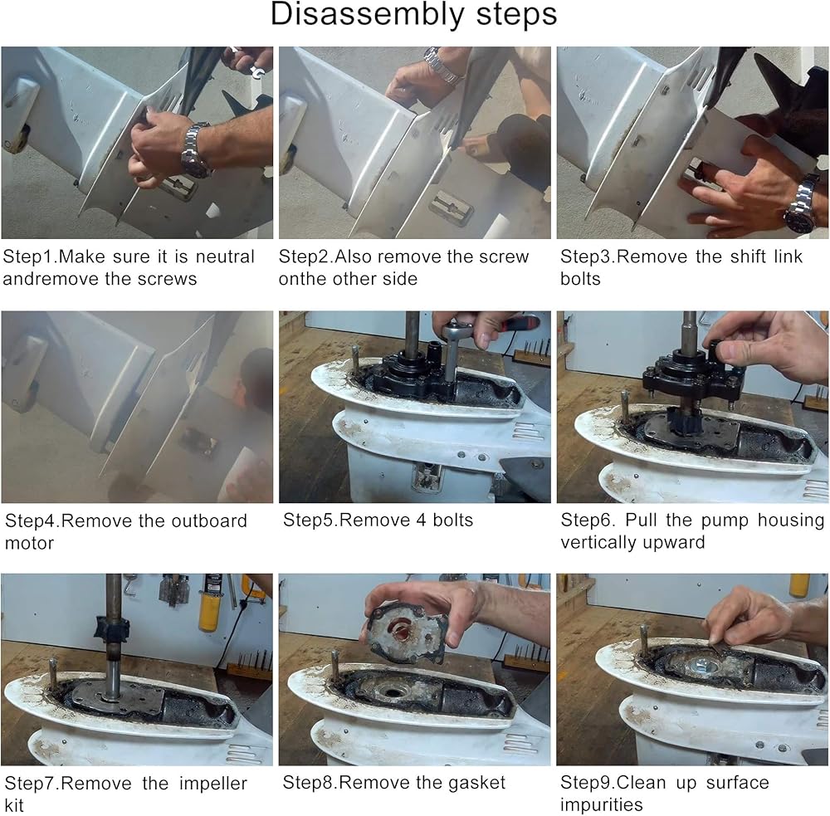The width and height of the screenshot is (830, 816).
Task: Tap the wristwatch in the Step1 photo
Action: (x=196, y=150)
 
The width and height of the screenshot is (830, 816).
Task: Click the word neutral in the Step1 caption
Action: (x=225, y=257)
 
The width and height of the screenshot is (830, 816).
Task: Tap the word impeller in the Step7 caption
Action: (x=212, y=784)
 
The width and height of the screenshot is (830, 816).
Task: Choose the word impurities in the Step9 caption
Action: (x=601, y=805)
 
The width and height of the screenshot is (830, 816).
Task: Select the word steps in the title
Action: (x=516, y=15)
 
